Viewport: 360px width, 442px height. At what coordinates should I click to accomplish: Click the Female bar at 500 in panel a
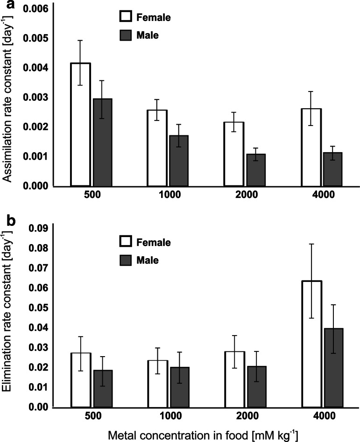point(81,124)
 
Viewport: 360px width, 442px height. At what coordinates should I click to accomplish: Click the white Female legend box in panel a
point(124,17)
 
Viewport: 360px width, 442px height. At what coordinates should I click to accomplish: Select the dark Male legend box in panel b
point(124,260)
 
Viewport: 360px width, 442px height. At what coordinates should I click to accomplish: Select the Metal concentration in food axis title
point(208,434)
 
